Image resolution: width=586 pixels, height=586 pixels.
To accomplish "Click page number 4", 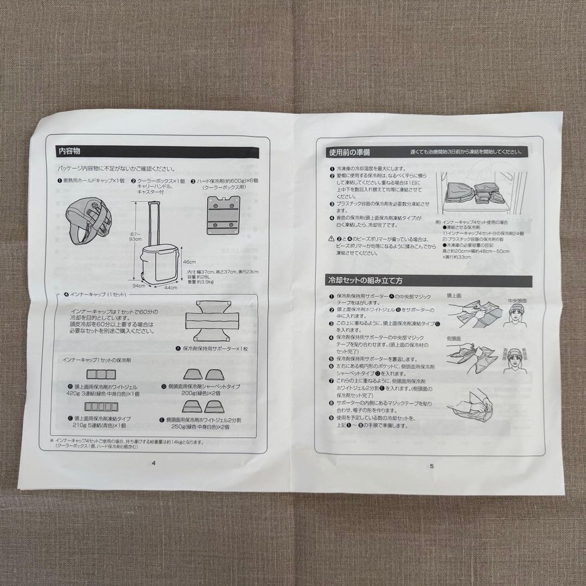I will pos(154,463).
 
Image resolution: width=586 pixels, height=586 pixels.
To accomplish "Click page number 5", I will pos(431,465).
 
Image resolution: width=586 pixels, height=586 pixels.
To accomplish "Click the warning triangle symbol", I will pos(330,239).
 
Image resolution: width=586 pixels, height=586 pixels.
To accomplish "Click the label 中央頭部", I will pos(516,300).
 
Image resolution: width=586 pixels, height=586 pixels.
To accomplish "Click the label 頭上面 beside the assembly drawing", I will pos(454,296).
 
